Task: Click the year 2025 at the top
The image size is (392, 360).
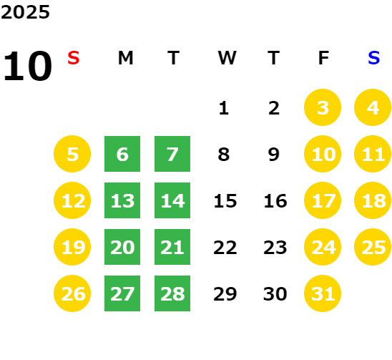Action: tap(25, 12)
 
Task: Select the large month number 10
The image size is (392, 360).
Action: tap(27, 66)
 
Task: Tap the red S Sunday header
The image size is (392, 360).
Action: tap(74, 58)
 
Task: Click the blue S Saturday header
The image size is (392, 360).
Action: tap(373, 58)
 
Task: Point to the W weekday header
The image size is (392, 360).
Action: tap(227, 58)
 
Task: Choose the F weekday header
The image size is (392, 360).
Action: tap(323, 58)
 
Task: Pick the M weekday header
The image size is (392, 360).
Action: tap(125, 58)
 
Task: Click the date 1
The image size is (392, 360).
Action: tap(224, 108)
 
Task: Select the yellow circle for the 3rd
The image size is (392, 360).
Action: tap(323, 107)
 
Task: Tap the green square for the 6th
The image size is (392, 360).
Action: tap(122, 154)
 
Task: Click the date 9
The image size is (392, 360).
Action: tap(274, 155)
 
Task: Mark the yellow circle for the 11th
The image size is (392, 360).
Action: tap(373, 154)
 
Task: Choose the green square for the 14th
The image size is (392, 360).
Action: tap(172, 200)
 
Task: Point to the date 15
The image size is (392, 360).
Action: tap(225, 201)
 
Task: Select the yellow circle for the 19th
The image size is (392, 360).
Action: tap(72, 247)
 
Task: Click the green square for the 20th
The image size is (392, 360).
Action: tap(122, 247)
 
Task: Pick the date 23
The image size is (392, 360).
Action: tap(275, 248)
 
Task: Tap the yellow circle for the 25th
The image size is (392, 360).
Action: tap(373, 247)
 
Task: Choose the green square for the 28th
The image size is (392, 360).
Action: tap(172, 293)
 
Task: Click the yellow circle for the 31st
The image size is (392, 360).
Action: tap(323, 293)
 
